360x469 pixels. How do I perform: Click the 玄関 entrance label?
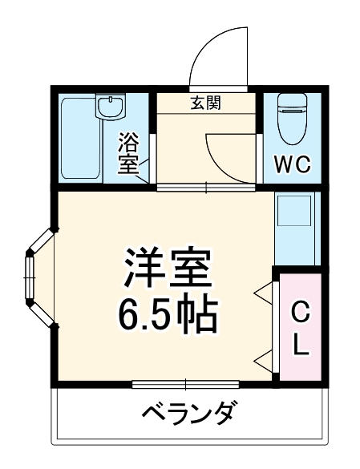tap(207, 103)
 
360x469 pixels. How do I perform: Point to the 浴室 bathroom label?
tap(128, 155)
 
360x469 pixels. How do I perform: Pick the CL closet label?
tap(298, 329)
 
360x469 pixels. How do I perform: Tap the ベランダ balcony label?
tap(189, 415)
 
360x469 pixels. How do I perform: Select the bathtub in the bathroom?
tap(78, 136)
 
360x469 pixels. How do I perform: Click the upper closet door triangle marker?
tap(262, 294)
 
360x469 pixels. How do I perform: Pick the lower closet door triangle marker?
tap(262, 358)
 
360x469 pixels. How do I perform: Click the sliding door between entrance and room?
tap(205, 188)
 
